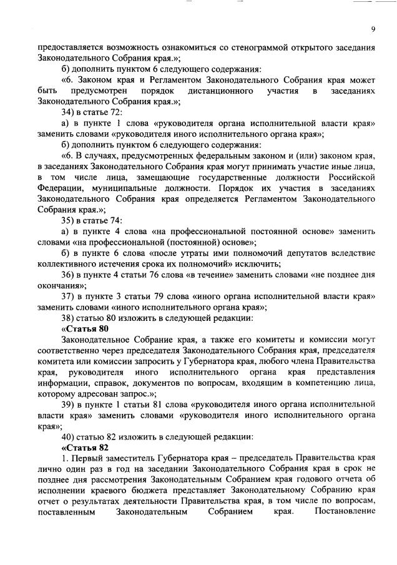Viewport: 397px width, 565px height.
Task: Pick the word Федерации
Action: click(59, 187)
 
